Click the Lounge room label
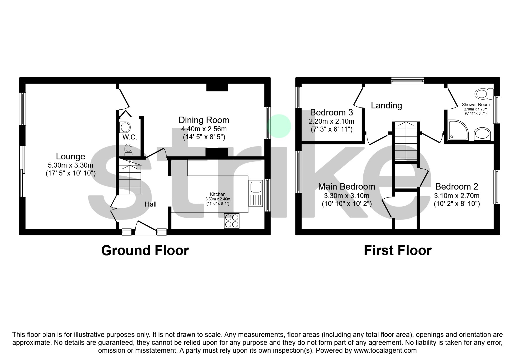pos(70,156)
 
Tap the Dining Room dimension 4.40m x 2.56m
pos(204,129)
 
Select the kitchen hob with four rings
pos(232,221)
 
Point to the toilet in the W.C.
pos(128,150)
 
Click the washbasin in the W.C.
pos(125,127)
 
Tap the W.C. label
pos(130,137)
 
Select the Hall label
pos(150,204)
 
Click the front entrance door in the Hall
pos(146,228)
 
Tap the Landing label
pos(386,105)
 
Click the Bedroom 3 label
pos(331,112)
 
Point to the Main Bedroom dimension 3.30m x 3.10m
pos(346,195)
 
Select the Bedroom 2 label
pos(457,186)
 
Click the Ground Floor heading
pos(145,250)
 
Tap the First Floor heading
pos(397,250)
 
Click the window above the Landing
pos(407,80)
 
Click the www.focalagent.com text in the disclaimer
pos(385,350)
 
